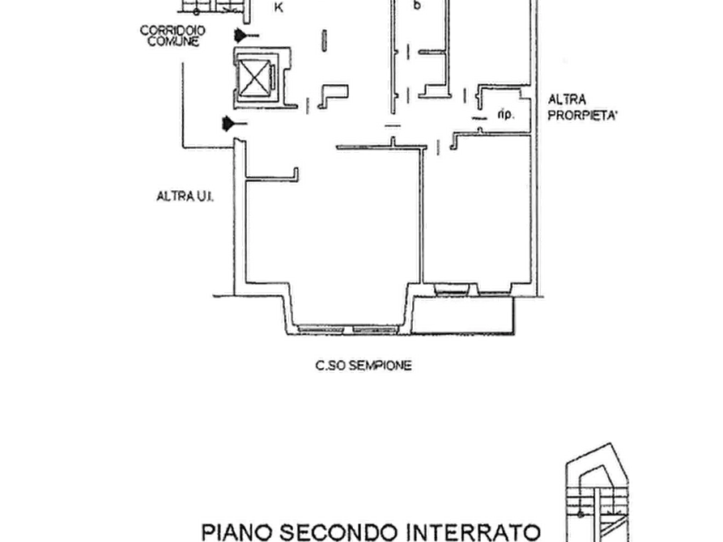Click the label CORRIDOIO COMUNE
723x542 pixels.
[x=173, y=36]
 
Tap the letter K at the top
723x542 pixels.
[x=279, y=7]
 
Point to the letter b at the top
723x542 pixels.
[x=417, y=5]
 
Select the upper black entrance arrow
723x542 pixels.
[x=246, y=35]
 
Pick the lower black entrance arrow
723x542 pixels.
[x=235, y=124]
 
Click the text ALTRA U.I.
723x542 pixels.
[x=185, y=197]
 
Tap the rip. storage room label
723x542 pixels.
[x=506, y=114]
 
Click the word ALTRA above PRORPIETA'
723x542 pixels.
[x=567, y=100]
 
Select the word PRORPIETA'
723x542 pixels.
[x=582, y=115]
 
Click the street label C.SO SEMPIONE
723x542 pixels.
[x=364, y=366]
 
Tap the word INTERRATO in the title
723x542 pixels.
[x=474, y=532]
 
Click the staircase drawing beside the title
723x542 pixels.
[x=597, y=493]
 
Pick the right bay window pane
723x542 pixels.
[x=376, y=329]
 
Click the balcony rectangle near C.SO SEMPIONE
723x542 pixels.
[x=462, y=315]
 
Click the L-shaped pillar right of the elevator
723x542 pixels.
[x=334, y=96]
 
